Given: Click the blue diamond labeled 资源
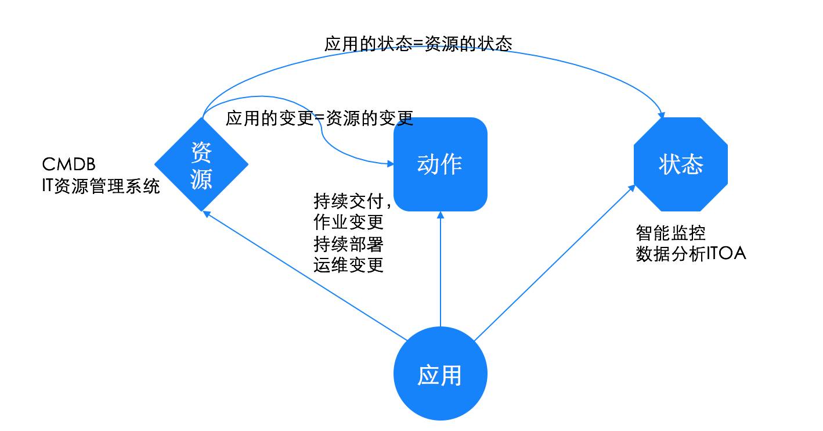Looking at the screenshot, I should click(x=201, y=164).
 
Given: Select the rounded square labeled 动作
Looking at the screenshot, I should click(x=441, y=164).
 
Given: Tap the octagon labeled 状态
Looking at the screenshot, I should click(x=681, y=164).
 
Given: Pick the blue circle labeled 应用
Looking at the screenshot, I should click(x=441, y=375).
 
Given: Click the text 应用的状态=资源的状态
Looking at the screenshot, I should click(x=418, y=44).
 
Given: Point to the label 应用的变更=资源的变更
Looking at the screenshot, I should click(x=319, y=118).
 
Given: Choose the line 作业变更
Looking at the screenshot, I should click(x=348, y=222).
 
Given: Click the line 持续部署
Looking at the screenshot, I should click(x=348, y=243).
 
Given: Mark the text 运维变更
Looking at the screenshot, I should click(x=348, y=265).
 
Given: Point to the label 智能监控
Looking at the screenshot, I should click(x=670, y=233).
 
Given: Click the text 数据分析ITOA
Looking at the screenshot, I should click(x=691, y=254).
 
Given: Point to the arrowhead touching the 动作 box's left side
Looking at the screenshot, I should click(x=389, y=164).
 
